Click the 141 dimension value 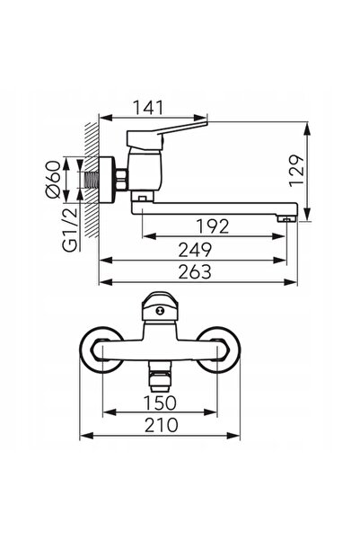148,108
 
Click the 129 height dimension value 296,171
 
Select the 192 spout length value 213,226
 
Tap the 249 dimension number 195,250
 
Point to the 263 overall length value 195,271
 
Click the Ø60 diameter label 53,180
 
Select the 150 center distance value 160,403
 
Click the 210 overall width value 161,425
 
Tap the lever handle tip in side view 206,122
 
